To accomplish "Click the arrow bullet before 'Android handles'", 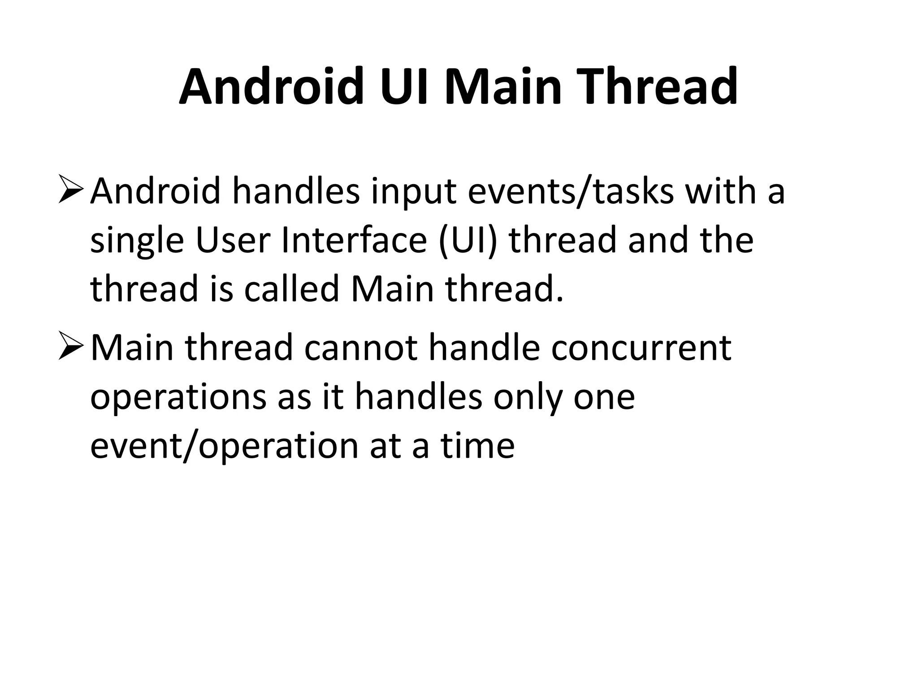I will (x=71, y=191).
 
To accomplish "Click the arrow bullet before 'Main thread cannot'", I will (x=71, y=348).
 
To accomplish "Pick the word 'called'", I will (x=292, y=289).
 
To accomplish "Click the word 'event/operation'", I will (x=224, y=447).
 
